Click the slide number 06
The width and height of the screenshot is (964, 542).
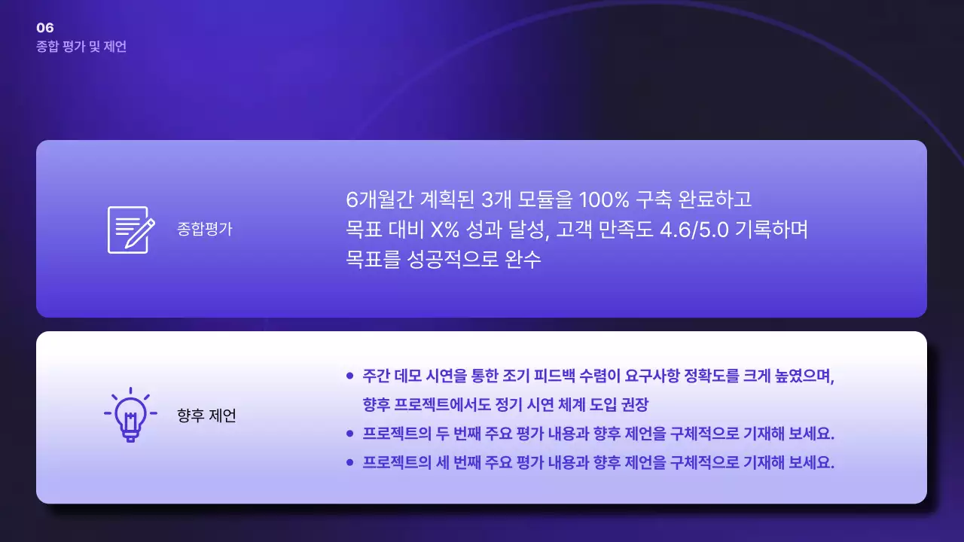pyautogui.click(x=45, y=29)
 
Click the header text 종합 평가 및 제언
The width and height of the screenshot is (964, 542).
pyautogui.click(x=81, y=47)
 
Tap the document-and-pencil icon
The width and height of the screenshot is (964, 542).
pyautogui.click(x=131, y=230)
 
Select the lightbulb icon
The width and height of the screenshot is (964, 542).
pyautogui.click(x=130, y=415)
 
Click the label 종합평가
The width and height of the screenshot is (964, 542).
pyautogui.click(x=205, y=230)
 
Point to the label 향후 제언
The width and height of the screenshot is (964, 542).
pyautogui.click(x=206, y=416)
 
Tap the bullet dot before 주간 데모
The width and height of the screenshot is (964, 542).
pyautogui.click(x=349, y=376)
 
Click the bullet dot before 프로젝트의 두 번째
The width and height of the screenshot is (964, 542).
pyautogui.click(x=349, y=434)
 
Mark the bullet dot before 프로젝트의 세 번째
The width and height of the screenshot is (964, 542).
pyautogui.click(x=349, y=462)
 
